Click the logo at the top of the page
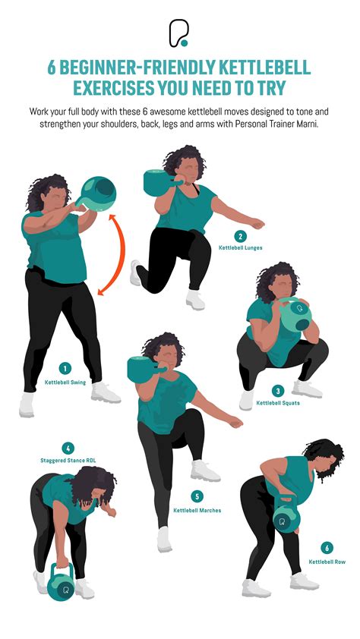(x=179, y=33)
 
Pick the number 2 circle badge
(x=241, y=236)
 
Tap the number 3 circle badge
(x=278, y=390)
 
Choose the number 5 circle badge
(x=197, y=497)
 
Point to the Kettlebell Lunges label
(x=240, y=248)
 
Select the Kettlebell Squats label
(x=278, y=402)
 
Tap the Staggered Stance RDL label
(x=68, y=460)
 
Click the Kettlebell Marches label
(x=197, y=510)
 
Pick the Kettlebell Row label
(x=327, y=562)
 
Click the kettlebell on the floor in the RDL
(x=61, y=585)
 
